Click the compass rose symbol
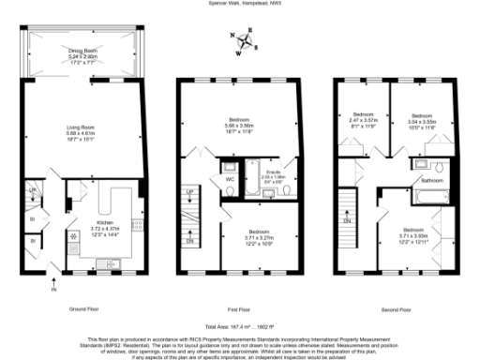pyautogui.click(x=246, y=41)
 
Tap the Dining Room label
pyautogui.click(x=83, y=52)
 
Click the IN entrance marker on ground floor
pyautogui.click(x=53, y=275)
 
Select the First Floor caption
pyautogui.click(x=240, y=308)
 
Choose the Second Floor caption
pyautogui.click(x=394, y=308)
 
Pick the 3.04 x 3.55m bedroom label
pyautogui.click(x=421, y=119)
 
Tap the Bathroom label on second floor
pyautogui.click(x=430, y=179)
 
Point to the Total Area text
pyautogui.click(x=240, y=322)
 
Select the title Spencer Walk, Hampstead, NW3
pyautogui.click(x=240, y=4)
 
